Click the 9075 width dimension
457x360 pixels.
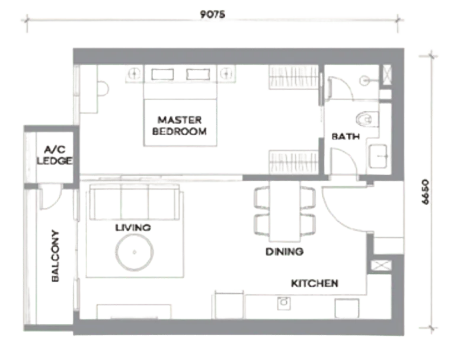point(212,14)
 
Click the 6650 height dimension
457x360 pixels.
point(425,192)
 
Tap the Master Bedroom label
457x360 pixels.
point(180,126)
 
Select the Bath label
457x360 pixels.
point(346,136)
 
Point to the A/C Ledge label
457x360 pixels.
point(55,155)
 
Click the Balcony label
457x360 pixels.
point(55,256)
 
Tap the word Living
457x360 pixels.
point(133,228)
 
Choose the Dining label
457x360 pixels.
point(285,252)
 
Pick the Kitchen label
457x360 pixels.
point(315,283)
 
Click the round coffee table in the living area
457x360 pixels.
point(135,252)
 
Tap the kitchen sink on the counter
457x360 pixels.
point(283,303)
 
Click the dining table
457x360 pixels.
point(285,211)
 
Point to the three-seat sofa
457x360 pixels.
point(135,202)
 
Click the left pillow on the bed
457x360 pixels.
point(162,74)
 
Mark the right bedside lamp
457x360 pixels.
point(226,73)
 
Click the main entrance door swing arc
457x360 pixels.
point(339,213)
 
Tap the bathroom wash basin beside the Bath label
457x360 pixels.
point(378,156)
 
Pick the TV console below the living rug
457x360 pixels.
point(134,311)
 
